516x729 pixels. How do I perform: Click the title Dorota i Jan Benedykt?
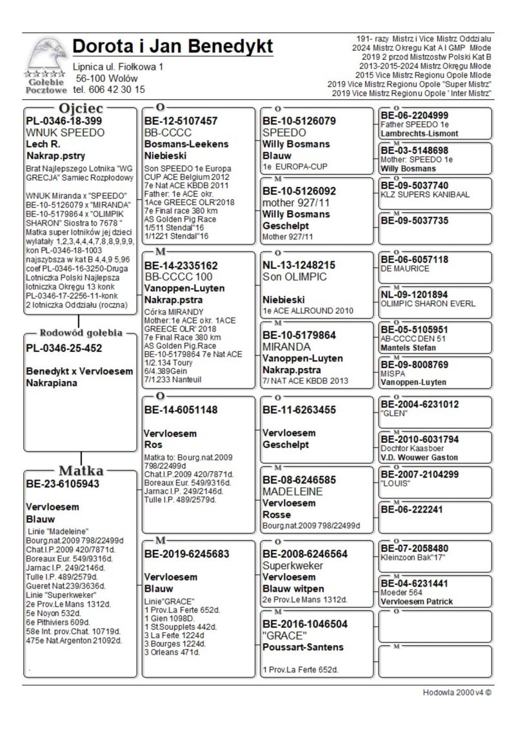[173, 47]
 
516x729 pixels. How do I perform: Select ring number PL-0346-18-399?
[64, 121]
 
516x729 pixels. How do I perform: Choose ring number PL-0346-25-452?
[64, 349]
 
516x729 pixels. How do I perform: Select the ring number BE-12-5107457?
[181, 121]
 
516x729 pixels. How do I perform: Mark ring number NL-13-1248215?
[299, 265]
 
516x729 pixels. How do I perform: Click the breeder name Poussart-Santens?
[303, 646]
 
